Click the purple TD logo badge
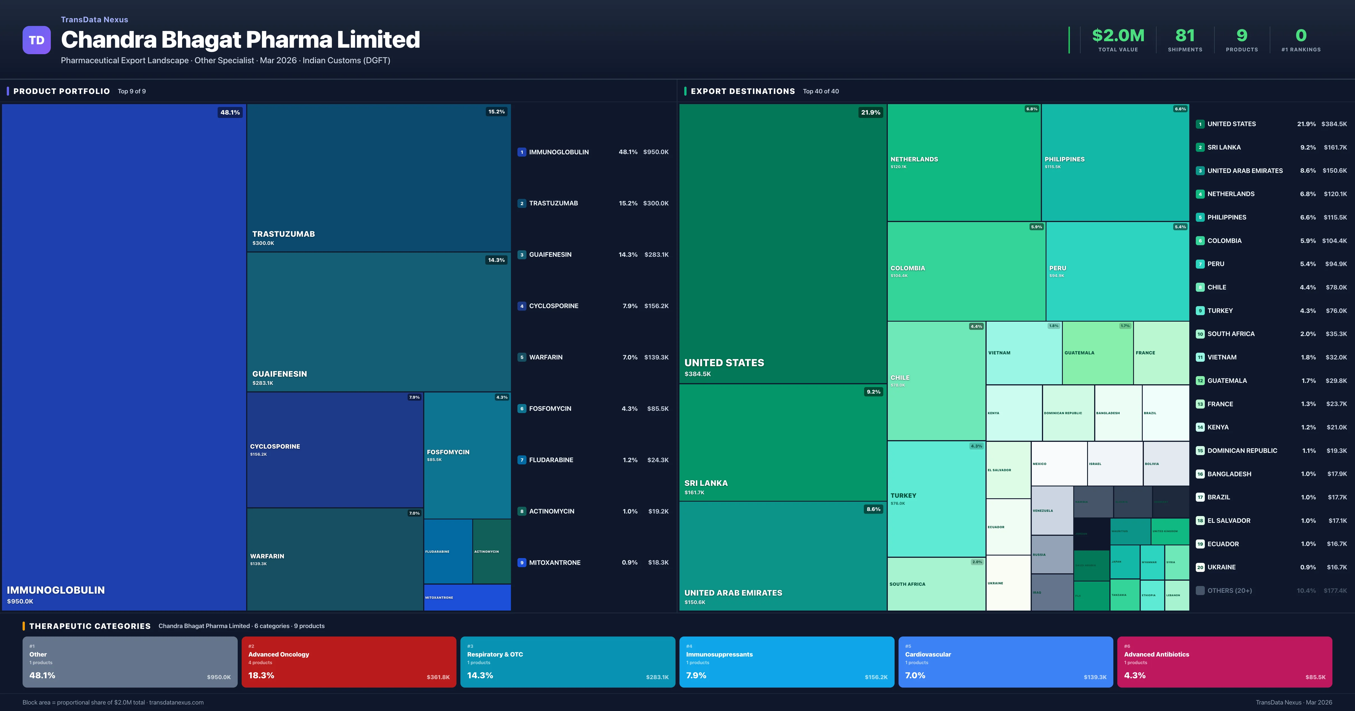36,40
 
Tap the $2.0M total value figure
1118,35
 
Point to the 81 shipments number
1184,35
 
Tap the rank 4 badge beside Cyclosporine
522,306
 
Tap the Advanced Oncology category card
348,662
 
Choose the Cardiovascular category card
1005,662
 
